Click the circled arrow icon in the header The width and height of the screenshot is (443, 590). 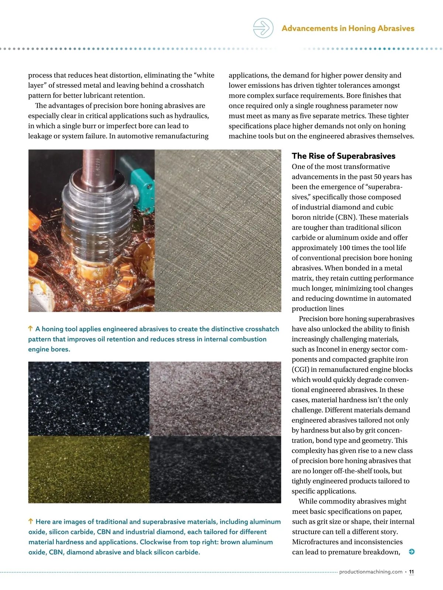263,28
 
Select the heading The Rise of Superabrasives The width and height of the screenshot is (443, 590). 343,156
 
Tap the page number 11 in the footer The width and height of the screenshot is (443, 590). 411,572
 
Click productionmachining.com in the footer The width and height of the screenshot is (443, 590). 371,572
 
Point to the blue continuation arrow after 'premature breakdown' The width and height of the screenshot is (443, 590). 412,552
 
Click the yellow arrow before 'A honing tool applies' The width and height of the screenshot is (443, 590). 31,329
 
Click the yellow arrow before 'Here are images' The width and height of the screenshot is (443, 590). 31,521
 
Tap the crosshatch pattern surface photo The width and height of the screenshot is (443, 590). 218,230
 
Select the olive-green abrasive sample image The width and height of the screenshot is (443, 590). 89,469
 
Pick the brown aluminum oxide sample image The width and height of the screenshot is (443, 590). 215,398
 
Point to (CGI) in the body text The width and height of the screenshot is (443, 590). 300,369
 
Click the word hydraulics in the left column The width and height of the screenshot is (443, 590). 191,116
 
